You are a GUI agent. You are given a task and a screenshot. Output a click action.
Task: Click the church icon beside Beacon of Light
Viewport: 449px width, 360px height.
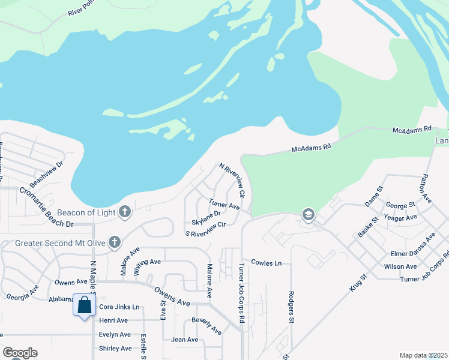125,211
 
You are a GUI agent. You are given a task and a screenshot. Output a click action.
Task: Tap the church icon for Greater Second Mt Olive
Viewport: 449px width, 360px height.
114,242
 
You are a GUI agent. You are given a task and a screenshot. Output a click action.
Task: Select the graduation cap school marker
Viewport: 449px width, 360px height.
308,215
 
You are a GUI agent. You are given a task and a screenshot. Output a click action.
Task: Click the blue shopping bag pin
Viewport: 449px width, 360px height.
85,305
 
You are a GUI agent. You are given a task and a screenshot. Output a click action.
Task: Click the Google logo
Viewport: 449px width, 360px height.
20,353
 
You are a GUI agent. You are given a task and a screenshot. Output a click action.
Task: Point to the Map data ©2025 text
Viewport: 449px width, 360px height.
423,355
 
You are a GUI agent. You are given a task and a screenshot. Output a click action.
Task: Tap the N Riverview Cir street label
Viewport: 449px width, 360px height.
233,180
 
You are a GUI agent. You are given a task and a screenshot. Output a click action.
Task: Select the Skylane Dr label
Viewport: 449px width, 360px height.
206,214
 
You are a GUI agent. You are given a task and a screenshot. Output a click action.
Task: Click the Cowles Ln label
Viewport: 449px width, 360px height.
266,263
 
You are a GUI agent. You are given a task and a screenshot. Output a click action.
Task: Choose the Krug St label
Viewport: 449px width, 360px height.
358,283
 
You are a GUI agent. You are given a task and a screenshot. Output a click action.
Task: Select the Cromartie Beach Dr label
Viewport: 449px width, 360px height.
46,208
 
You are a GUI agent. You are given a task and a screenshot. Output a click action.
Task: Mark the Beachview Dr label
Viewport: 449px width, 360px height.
47,173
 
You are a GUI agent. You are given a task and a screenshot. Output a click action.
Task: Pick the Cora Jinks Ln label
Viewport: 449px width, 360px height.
119,307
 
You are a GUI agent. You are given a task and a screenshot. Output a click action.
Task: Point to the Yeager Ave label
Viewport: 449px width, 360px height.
402,218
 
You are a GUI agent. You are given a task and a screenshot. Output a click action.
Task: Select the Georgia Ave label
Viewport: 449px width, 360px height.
22,296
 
